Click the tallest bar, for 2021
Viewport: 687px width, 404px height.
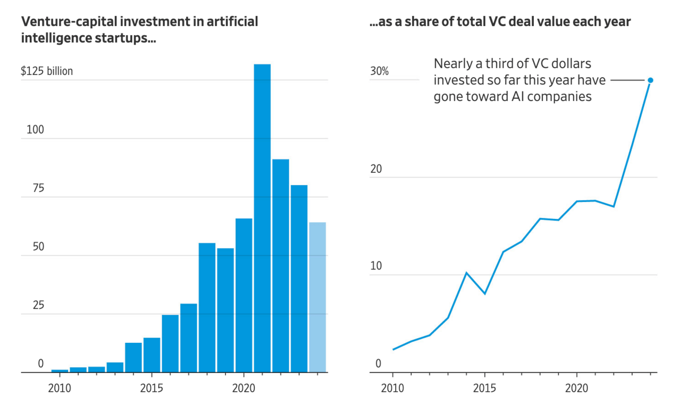262,218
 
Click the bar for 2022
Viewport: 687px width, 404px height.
280,265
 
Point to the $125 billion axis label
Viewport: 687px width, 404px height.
47,71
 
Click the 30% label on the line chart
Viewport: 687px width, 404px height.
379,71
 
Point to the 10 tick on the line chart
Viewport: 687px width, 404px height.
376,266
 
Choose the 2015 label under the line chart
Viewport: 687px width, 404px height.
484,388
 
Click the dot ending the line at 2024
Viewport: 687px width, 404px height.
650,80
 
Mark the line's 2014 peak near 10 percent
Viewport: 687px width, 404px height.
466,273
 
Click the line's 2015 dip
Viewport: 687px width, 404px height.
484,293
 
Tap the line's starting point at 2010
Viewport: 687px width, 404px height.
393,349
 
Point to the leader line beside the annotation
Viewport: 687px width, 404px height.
627,80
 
